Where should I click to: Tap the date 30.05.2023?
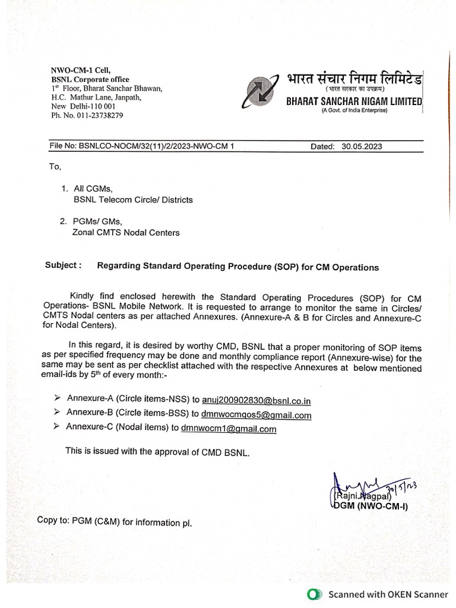pos(355,145)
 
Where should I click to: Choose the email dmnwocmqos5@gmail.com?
pos(256,415)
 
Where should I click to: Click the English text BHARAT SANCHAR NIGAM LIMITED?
pos(354,102)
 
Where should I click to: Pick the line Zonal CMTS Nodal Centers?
pos(125,233)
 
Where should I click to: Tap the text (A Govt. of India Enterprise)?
pos(354,111)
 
